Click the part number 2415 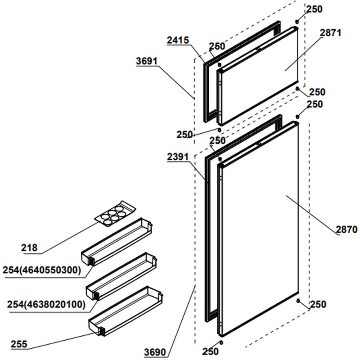click(177, 40)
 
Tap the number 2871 click(331, 33)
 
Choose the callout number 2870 click(346, 230)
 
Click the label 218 click(29, 247)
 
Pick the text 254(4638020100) click(46, 304)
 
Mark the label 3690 click(155, 352)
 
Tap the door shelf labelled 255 click(126, 311)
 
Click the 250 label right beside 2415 click(217, 46)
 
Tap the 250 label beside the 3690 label click(209, 351)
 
